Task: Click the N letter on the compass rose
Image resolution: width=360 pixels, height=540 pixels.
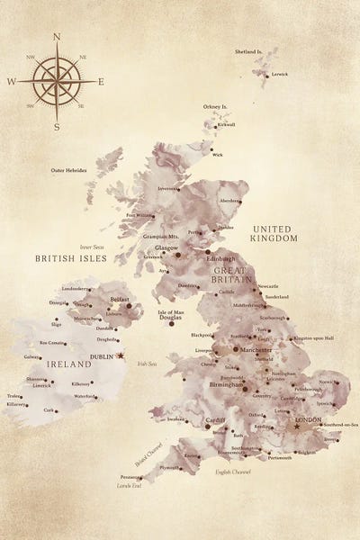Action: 57,37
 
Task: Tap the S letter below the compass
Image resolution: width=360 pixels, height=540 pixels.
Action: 57,127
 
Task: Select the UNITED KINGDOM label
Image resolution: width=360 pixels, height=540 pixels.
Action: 274,234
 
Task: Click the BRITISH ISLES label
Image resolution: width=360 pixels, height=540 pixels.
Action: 71,258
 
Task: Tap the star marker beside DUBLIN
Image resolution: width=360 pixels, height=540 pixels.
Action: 121,355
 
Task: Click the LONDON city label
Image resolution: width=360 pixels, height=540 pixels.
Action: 308,419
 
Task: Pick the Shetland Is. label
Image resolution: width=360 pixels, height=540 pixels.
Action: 248,52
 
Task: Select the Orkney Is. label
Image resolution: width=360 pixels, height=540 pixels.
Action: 215,107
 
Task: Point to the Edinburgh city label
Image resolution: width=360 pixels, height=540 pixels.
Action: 220,259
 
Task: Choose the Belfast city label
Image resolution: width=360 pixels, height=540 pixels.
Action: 120,298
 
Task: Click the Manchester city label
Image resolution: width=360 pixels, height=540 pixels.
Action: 256,348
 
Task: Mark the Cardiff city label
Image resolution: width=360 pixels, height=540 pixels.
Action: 215,420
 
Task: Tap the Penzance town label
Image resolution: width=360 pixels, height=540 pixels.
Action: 130,477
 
